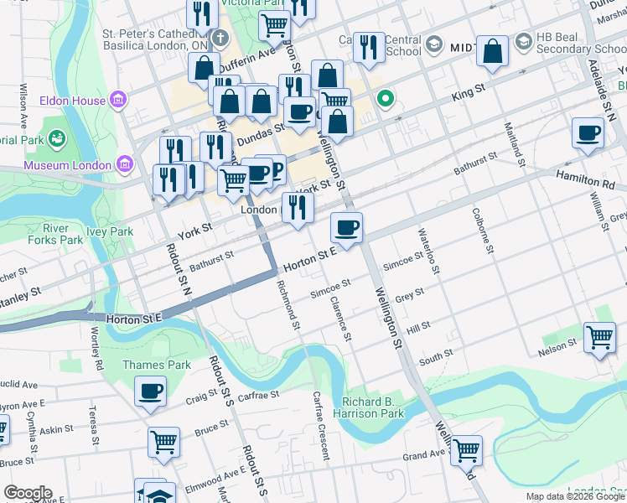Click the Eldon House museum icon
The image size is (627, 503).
click(x=118, y=101)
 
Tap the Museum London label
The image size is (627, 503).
click(x=67, y=165)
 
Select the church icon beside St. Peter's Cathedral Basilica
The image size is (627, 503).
click(x=220, y=38)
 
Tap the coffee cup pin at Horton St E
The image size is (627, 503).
click(x=346, y=227)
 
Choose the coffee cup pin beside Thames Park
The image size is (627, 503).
click(x=151, y=391)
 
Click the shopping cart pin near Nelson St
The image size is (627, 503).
click(x=599, y=338)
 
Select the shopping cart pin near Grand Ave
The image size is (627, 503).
click(x=465, y=449)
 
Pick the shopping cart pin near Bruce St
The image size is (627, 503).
click(x=164, y=443)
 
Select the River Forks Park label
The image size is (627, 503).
click(x=63, y=234)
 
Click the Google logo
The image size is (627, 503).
click(x=28, y=493)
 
